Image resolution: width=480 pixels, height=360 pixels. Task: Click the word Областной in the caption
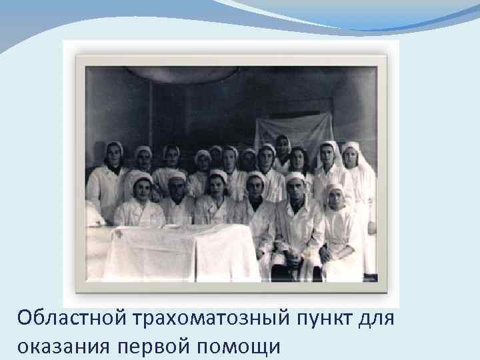[75, 319]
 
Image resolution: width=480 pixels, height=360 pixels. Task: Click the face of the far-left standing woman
[114, 156]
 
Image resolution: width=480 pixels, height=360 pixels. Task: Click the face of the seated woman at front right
[335, 197]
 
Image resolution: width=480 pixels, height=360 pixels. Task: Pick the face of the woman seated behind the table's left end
[141, 189]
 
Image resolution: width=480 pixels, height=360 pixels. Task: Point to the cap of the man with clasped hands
[295, 177]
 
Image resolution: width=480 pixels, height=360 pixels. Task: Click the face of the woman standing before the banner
[283, 147]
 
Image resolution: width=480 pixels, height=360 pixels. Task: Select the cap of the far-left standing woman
[114, 145]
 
